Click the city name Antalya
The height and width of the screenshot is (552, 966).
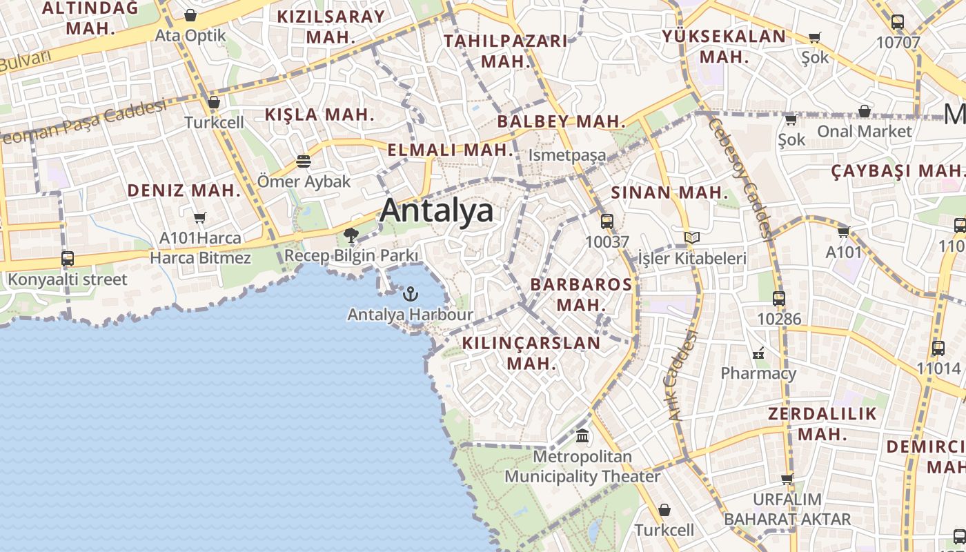[x=436, y=210]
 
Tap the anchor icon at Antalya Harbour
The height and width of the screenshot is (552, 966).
[x=411, y=294]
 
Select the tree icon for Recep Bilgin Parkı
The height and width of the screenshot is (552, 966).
[x=351, y=235]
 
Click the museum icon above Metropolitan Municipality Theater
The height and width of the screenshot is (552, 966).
[x=582, y=436]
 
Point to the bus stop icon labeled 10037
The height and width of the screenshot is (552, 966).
[x=607, y=221]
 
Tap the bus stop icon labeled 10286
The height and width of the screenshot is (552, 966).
[x=779, y=299]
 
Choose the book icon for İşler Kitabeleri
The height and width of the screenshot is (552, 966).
[x=692, y=238]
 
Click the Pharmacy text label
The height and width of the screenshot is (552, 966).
[x=758, y=373]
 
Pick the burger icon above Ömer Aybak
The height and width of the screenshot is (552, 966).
[x=304, y=161]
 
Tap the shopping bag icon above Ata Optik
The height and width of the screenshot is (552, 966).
[x=190, y=15]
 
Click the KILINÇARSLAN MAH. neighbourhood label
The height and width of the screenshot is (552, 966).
[x=531, y=353]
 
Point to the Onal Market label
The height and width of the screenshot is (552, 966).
[x=865, y=131]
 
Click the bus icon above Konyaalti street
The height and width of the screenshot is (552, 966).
[x=68, y=259]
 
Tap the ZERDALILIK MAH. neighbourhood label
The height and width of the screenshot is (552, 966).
[x=822, y=424]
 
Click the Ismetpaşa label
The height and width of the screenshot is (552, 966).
[x=567, y=155]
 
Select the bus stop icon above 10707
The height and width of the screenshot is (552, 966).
[x=898, y=22]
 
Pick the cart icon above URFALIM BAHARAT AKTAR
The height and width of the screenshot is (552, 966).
[x=787, y=479]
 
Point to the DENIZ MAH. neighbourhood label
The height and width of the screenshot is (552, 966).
[x=184, y=190]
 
